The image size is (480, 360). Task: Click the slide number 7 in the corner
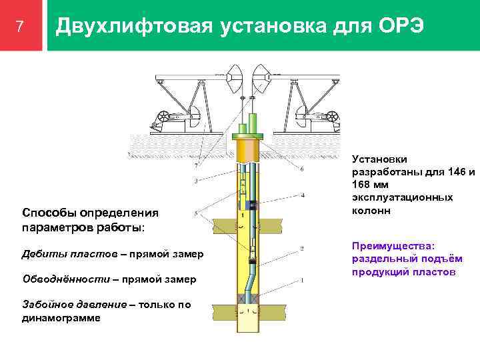coord(19,27)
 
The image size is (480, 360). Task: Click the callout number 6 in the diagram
coord(302,170)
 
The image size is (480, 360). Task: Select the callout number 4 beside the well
coord(302,195)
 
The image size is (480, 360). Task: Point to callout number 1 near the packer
coord(302,280)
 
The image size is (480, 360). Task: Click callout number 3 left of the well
coord(195,181)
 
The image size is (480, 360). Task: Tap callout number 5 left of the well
coord(195,213)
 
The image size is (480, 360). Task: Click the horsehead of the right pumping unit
coord(263,79)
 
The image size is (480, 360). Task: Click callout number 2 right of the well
coord(302,249)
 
